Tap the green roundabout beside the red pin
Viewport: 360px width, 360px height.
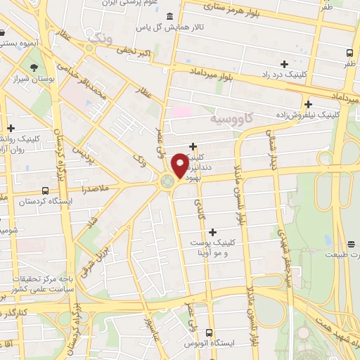pyautogui.click(x=167, y=182)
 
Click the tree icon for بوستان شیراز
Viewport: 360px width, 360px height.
pyautogui.click(x=34, y=68)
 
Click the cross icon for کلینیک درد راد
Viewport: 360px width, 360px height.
pyautogui.click(x=284, y=64)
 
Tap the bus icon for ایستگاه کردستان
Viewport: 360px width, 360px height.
pyautogui.click(x=46, y=191)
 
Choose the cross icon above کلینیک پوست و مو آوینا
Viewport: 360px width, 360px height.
pyautogui.click(x=212, y=231)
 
